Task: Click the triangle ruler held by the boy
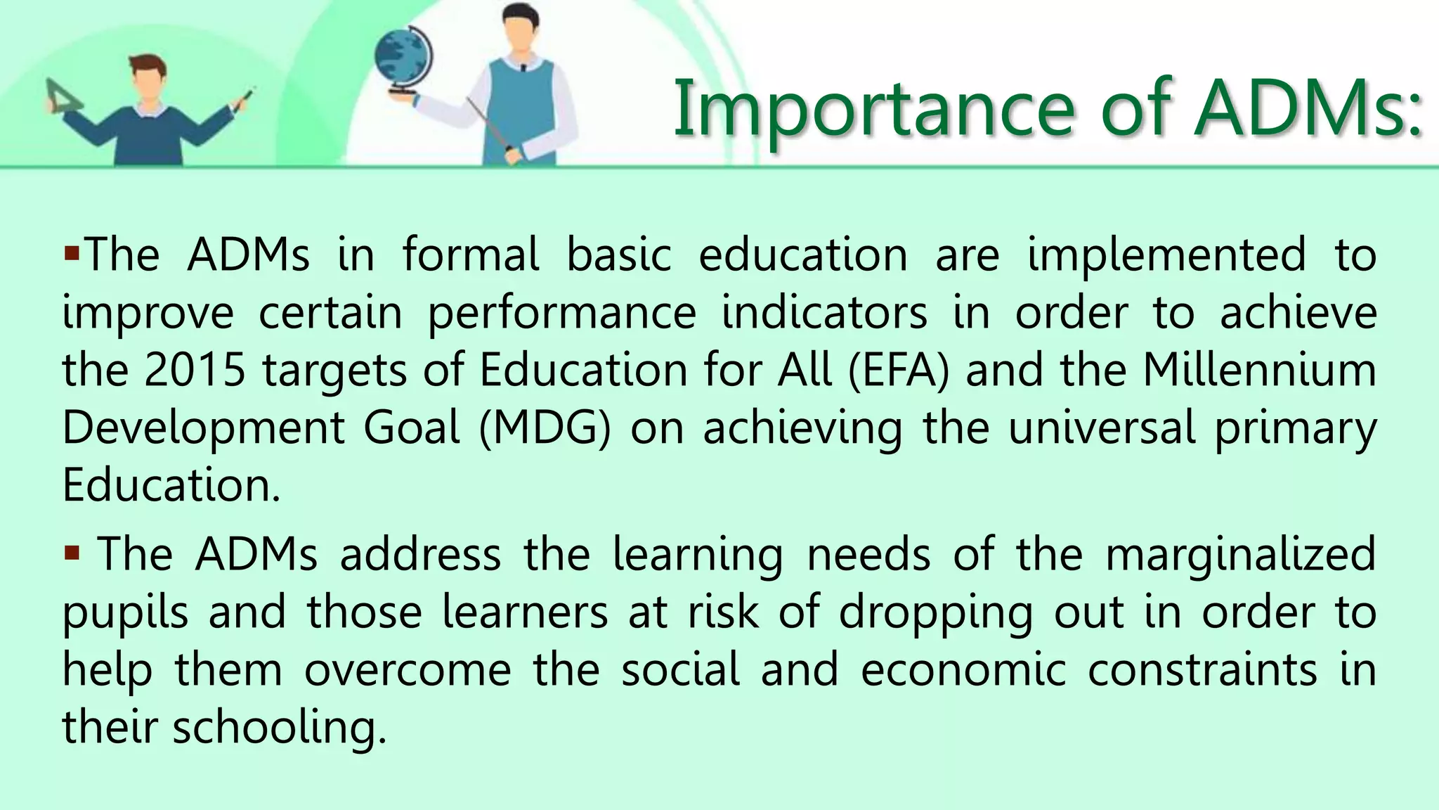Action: [x=63, y=97]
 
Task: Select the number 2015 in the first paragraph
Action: [x=195, y=370]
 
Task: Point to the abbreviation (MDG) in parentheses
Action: [x=545, y=427]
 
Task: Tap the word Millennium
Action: [x=1259, y=370]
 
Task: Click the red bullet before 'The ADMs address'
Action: [x=71, y=553]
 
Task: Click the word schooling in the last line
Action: [x=280, y=727]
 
